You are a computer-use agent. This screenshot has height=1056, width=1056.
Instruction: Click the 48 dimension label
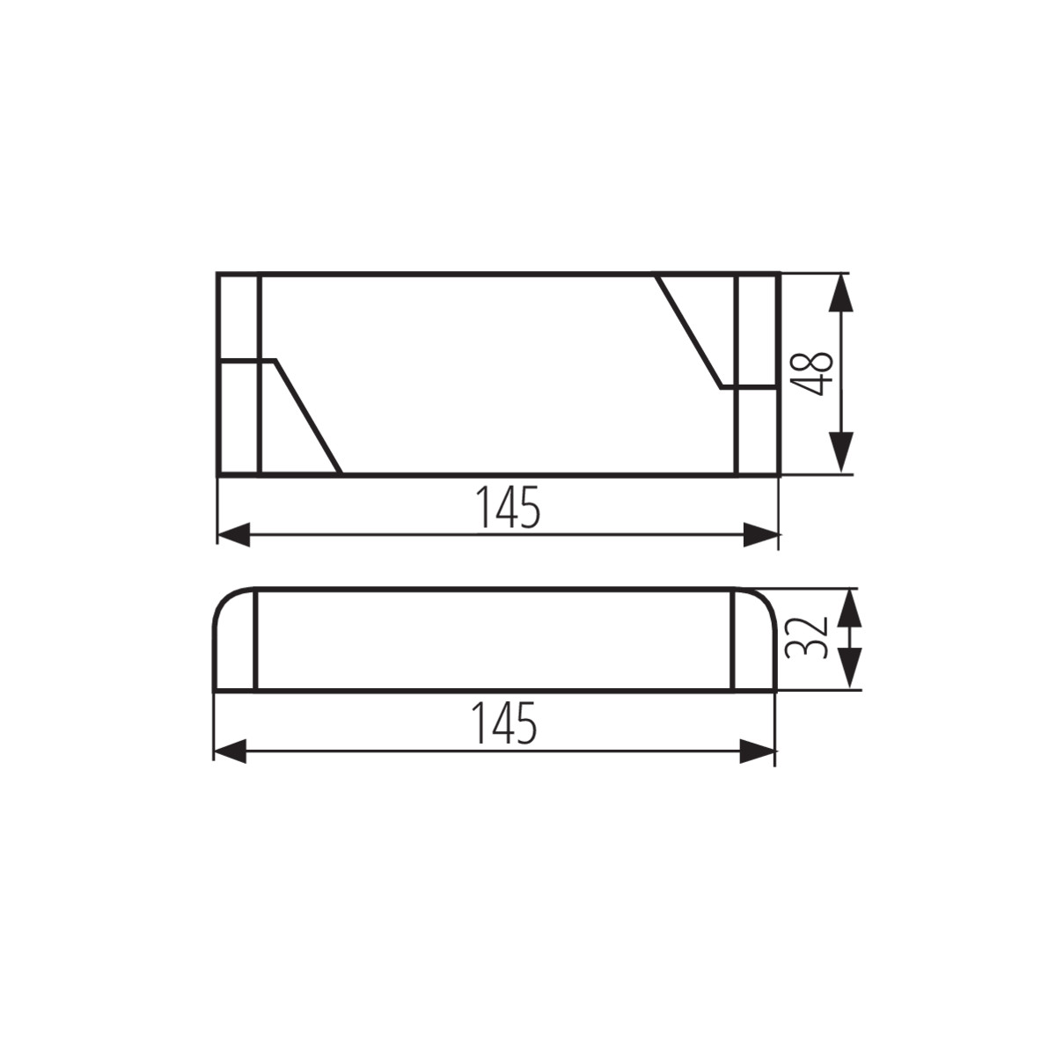813,373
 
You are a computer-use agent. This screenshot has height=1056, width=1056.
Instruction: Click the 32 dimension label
805,638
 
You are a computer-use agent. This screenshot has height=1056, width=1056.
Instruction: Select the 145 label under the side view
505,722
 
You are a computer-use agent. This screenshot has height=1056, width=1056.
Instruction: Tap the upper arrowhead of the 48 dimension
841,294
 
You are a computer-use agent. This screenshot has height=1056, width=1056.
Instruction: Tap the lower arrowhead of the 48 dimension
841,452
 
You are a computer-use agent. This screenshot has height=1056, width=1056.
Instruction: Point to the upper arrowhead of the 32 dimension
850,608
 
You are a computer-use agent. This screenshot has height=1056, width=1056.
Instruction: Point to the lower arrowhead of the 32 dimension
850,668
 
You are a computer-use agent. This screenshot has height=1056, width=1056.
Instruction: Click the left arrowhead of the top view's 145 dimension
234,535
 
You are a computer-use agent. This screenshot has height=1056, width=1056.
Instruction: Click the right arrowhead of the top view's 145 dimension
760,535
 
